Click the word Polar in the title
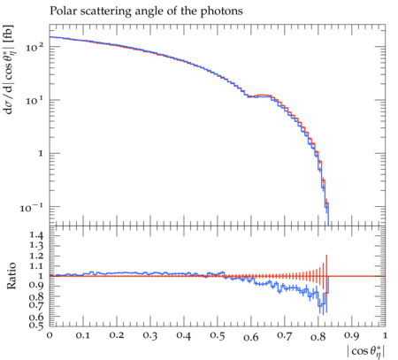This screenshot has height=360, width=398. [61, 11]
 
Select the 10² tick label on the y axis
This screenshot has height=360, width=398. [34, 47]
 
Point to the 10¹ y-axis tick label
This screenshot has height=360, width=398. [34, 101]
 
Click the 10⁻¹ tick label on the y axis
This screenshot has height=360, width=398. [32, 208]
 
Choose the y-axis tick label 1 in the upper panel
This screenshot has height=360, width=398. [41, 154]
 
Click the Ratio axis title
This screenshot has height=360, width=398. [11, 276]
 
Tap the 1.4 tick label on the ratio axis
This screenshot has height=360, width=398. [36, 235]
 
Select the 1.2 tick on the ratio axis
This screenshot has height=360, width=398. [36, 256]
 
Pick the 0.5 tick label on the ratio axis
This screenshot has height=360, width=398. [36, 325]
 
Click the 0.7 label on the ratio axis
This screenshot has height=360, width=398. [36, 305]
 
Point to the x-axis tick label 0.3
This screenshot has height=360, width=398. [150, 335]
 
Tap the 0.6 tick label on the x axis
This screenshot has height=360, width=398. [251, 336]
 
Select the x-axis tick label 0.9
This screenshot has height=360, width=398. [352, 335]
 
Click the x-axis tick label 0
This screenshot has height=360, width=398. [50, 335]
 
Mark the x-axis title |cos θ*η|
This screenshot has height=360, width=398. [366, 352]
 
